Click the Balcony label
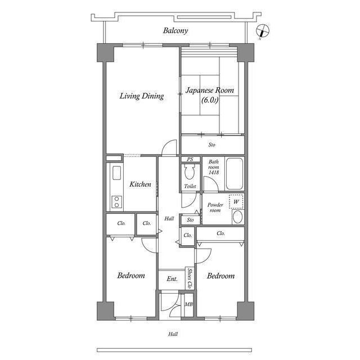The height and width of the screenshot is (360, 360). (x=175, y=30)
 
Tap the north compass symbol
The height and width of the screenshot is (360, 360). (x=262, y=31)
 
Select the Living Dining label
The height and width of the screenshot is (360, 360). (x=142, y=96)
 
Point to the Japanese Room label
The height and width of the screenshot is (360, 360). (x=210, y=95)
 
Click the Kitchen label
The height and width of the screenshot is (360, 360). (x=140, y=184)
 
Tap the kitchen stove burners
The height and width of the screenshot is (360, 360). (x=116, y=201)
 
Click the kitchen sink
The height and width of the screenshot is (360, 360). (x=116, y=173)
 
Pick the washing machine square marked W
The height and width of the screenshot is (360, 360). (x=236, y=201)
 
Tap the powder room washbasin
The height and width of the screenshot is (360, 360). (x=238, y=217)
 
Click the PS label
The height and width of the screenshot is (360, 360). (x=190, y=160)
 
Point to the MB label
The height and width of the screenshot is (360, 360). (x=189, y=305)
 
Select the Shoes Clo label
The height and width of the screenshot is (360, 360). (x=191, y=278)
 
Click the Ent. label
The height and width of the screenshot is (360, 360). (x=172, y=279)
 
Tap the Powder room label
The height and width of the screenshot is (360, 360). (x=215, y=208)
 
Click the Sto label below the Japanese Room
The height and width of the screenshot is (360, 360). (x=211, y=145)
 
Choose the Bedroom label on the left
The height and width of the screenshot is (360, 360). (x=131, y=276)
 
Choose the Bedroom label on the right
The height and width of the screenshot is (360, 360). (x=220, y=276)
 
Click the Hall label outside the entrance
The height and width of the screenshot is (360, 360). (x=173, y=334)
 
